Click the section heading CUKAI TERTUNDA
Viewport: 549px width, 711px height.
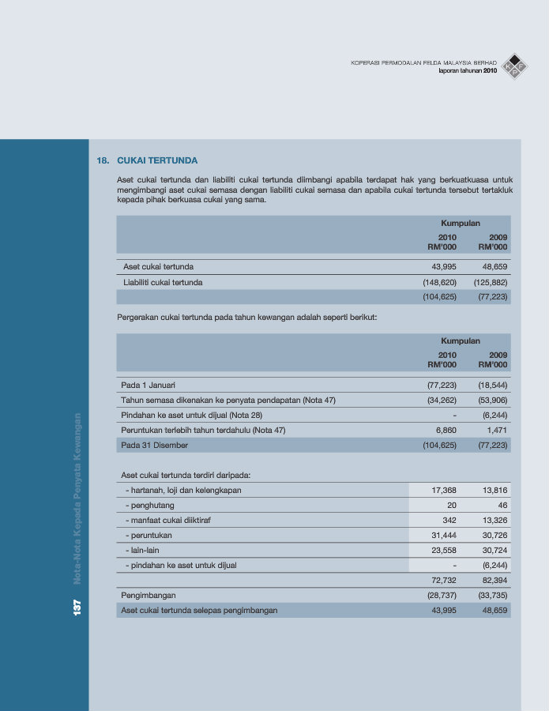[x=157, y=160]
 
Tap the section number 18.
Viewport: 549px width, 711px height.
[x=102, y=160]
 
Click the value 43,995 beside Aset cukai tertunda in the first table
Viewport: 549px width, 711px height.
[x=443, y=267]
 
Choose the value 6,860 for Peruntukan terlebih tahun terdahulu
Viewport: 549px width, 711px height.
[x=446, y=430]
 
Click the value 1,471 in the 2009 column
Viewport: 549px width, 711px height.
[x=496, y=430]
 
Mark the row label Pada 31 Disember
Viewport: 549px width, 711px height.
[x=155, y=446]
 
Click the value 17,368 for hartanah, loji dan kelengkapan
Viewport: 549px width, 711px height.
[x=443, y=491]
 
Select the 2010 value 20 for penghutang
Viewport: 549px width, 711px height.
[x=451, y=505]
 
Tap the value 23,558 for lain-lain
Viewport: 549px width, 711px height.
[x=443, y=550]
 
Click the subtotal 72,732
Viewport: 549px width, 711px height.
[x=443, y=581]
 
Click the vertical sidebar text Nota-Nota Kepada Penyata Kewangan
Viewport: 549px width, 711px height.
[x=77, y=498]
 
